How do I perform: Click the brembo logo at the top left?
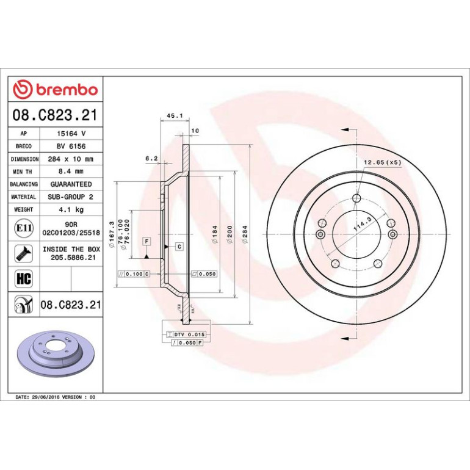pos(56,89)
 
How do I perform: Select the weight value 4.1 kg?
pos(71,209)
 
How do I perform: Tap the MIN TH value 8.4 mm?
pos(71,172)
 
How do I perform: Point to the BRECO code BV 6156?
pos(71,146)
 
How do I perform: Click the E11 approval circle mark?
pos(24,228)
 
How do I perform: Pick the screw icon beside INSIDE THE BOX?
pos(24,253)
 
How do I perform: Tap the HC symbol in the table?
pos(24,278)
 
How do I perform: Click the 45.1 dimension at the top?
pos(175,116)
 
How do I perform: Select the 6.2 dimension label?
pos(151,159)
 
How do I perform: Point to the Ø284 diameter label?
pos(245,234)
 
